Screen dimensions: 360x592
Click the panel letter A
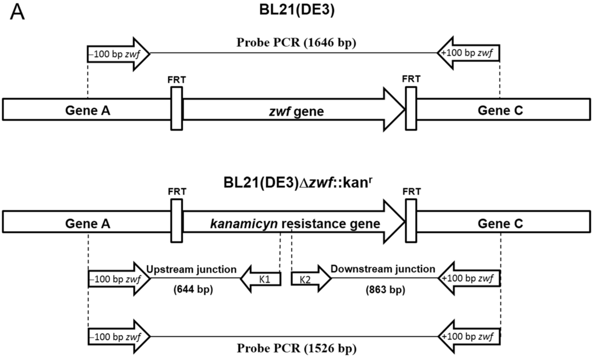18,14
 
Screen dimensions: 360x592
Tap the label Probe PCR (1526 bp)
294,348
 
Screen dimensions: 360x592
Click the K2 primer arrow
310,280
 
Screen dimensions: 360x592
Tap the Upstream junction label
191,269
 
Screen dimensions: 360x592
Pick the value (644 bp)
191,289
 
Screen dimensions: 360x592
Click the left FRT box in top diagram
176,109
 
